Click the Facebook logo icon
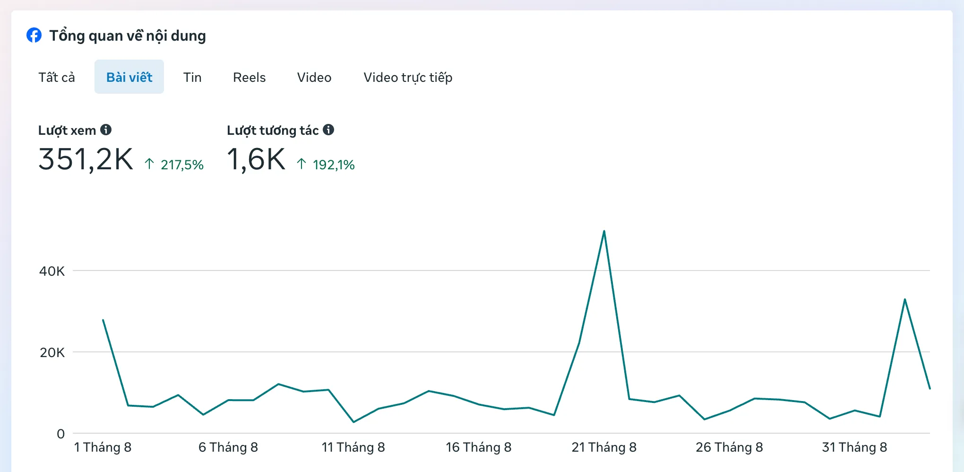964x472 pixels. pos(34,35)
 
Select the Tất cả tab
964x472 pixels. pos(57,77)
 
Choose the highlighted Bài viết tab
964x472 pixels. pos(129,77)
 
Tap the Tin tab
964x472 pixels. pos(192,77)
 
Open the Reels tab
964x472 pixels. pos(249,77)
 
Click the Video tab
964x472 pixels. pos(314,77)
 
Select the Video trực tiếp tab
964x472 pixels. pos(408,78)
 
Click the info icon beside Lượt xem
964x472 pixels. pos(106,130)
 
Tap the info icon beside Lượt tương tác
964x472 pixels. pos(328,130)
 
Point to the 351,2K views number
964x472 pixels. pos(86,159)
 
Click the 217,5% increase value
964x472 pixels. pos(182,165)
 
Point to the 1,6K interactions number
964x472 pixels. pos(256,159)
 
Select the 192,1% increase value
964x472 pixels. pos(334,165)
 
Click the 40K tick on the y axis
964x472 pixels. pos(52,271)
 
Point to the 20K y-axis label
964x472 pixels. pos(52,352)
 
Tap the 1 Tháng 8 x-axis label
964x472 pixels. pos(103,447)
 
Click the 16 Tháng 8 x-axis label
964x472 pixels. pos(479,447)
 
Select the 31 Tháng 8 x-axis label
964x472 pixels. pos(854,447)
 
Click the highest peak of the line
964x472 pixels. pos(604,231)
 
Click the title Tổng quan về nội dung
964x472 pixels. pos(128,36)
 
